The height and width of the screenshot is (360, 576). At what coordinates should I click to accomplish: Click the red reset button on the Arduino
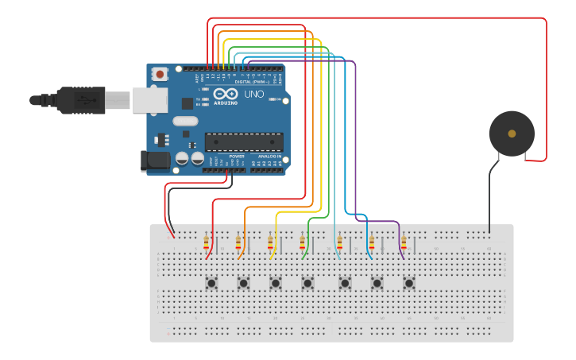click(x=160, y=75)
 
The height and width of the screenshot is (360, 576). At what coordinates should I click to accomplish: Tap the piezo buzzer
click(x=511, y=134)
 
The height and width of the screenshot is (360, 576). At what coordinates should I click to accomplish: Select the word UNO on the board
click(x=253, y=94)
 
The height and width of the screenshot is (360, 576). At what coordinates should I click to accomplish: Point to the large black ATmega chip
click(x=244, y=142)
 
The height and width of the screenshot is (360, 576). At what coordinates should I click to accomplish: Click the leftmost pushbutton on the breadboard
click(x=211, y=283)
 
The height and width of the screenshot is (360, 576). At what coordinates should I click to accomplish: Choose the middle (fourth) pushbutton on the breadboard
click(x=307, y=283)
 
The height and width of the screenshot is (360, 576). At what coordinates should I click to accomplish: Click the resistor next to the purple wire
click(x=404, y=242)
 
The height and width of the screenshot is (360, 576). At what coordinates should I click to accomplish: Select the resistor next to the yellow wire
click(x=270, y=242)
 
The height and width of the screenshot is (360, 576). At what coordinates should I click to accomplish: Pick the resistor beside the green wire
click(x=302, y=242)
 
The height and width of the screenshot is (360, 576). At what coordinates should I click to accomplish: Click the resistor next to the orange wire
click(x=238, y=242)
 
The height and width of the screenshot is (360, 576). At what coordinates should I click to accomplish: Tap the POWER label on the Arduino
click(x=237, y=157)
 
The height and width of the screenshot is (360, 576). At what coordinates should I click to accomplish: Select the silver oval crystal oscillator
click(x=184, y=122)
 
